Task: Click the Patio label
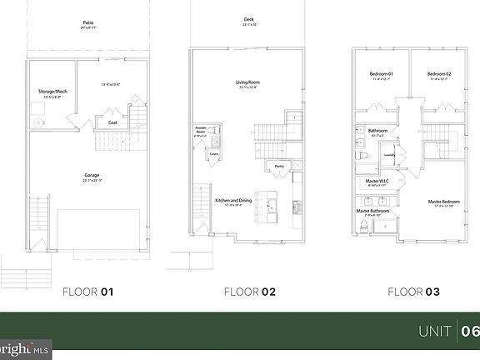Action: pos(87,22)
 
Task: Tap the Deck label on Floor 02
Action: pos(249,18)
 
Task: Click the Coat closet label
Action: pos(112,122)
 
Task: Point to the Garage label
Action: pos(92,175)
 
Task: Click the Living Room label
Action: pos(249,82)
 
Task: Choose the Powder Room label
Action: pos(201,131)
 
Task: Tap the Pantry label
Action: pos(280,166)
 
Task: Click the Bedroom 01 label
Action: pos(381,74)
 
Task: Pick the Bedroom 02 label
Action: pos(438,74)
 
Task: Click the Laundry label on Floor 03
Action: pos(388,154)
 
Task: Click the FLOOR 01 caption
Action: pos(87,292)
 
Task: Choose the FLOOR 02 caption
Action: pos(249,292)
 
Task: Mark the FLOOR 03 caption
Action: pos(412,292)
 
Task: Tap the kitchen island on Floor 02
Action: pos(268,202)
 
